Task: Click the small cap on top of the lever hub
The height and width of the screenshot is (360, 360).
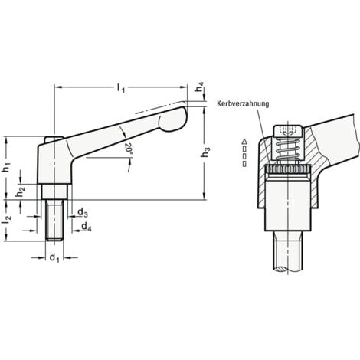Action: click(52, 139)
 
